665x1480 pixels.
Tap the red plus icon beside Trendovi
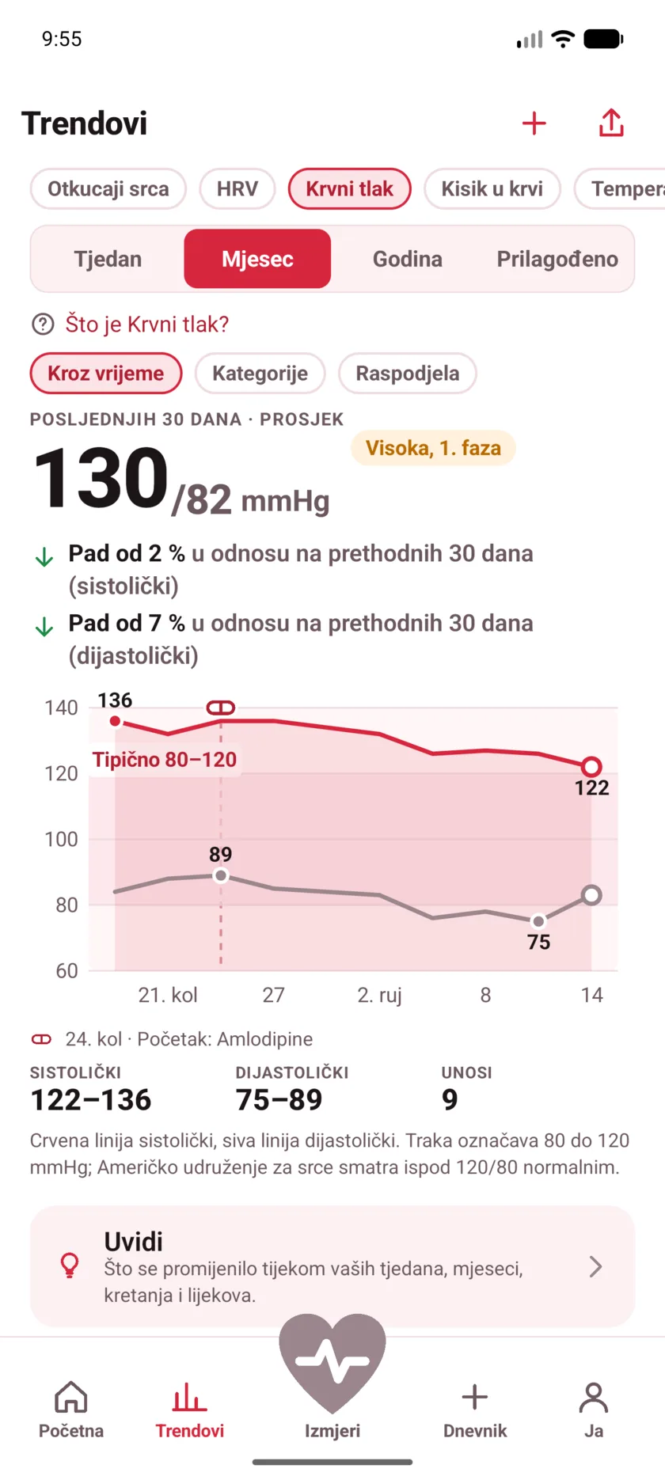(534, 123)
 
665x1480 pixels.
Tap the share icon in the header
(611, 123)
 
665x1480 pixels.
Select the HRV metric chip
(237, 189)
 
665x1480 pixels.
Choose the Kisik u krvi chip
(492, 189)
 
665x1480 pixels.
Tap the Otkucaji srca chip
(108, 189)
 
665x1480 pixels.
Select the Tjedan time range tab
(108, 259)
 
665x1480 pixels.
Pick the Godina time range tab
(408, 259)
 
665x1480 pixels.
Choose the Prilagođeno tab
(557, 259)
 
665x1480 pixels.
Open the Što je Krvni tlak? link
(146, 324)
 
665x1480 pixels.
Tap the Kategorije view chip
(260, 374)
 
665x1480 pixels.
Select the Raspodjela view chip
(408, 374)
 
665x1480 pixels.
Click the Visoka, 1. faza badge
(433, 448)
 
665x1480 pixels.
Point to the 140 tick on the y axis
(61, 708)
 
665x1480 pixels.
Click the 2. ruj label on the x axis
(380, 995)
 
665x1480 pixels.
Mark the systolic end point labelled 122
(591, 766)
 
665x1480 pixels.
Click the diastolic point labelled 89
(221, 875)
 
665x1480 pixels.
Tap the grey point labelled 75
(538, 921)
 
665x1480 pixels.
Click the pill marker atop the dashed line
(221, 708)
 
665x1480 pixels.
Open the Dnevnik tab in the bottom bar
(475, 1410)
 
